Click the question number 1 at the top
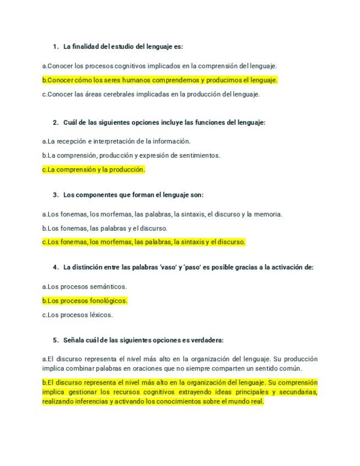pyautogui.click(x=56, y=46)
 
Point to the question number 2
pyautogui.click(x=56, y=123)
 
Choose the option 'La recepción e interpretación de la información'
pyautogui.click(x=116, y=141)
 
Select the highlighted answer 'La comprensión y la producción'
pyautogui.click(x=93, y=170)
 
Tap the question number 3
pyautogui.click(x=56, y=195)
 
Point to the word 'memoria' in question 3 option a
pyautogui.click(x=269, y=214)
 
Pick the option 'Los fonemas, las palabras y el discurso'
pyautogui.click(x=104, y=228)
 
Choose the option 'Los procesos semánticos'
pyautogui.click(x=84, y=286)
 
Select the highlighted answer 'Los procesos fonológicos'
pyautogui.click(x=85, y=301)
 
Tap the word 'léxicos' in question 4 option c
pyautogui.click(x=102, y=315)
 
